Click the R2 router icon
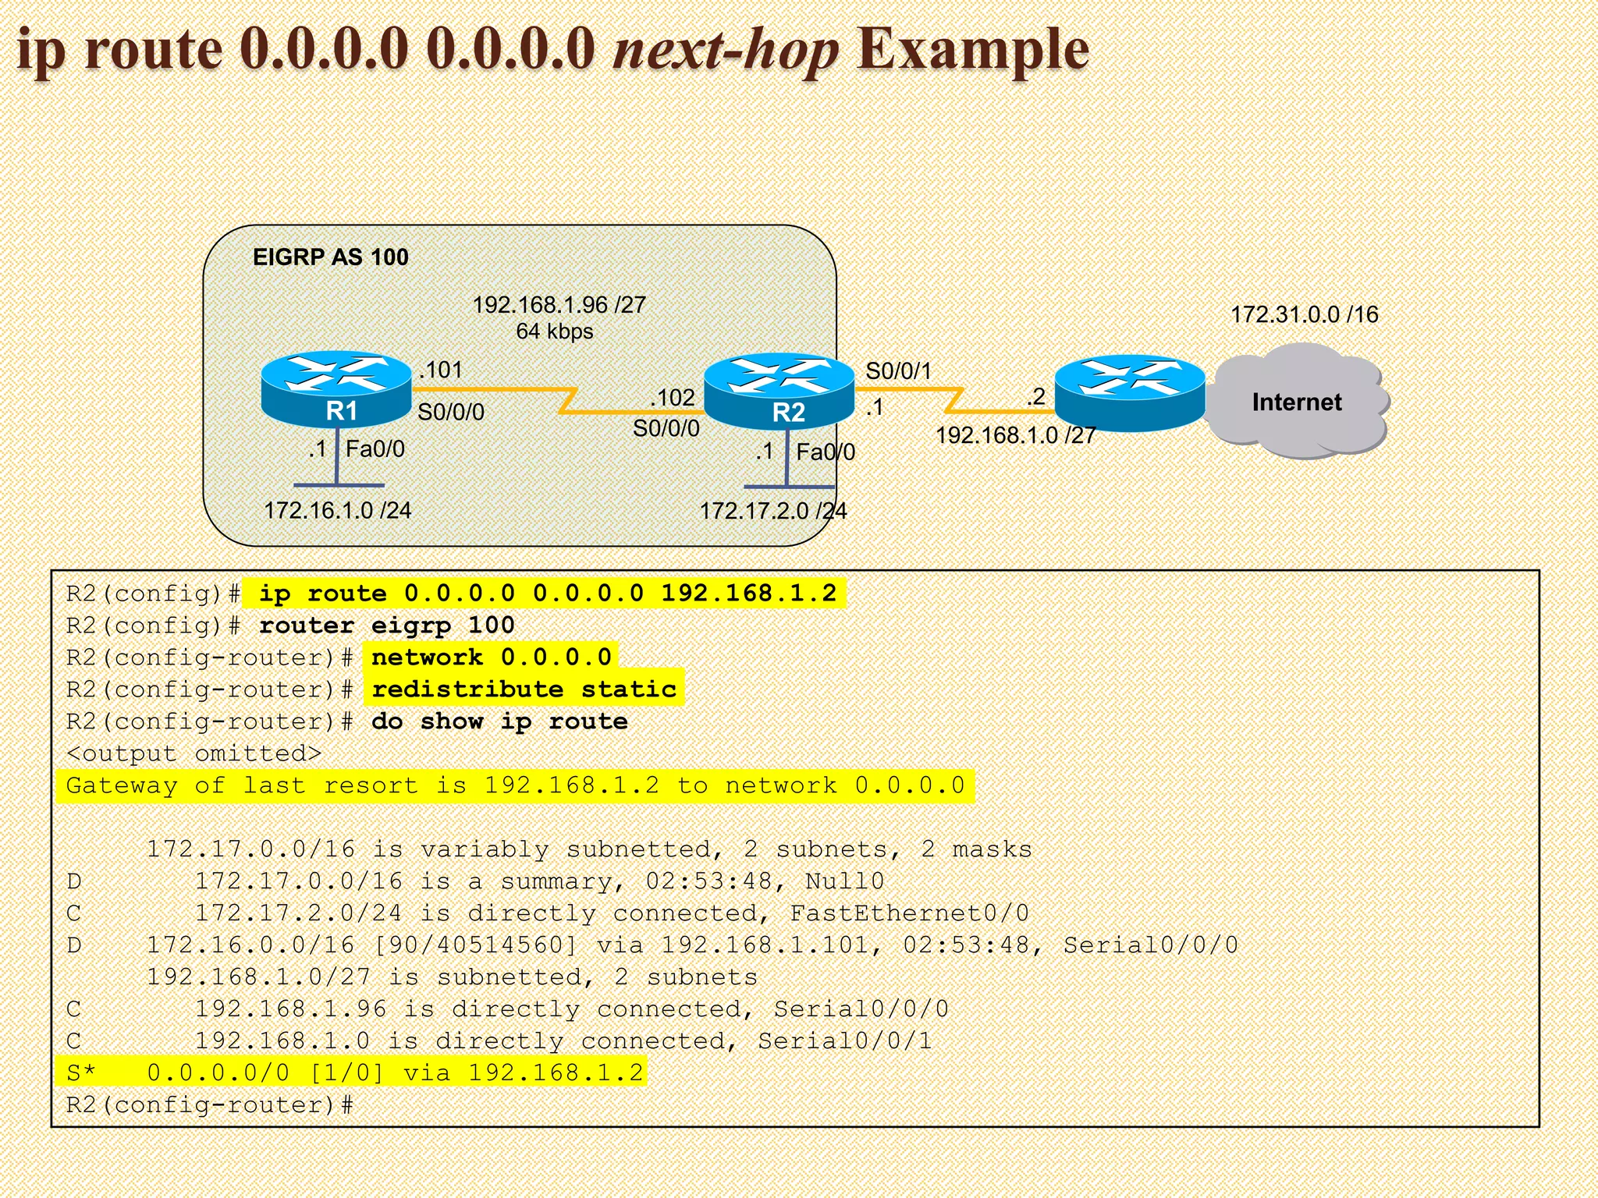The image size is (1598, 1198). [779, 391]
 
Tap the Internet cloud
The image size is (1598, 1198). [1297, 402]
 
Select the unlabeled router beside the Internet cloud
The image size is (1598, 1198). [1129, 392]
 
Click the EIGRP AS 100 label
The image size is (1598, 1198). [330, 257]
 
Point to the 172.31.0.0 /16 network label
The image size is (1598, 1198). [1304, 314]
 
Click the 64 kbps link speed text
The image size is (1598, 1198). [554, 331]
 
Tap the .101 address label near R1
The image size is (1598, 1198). [441, 370]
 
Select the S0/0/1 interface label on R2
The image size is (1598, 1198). [898, 370]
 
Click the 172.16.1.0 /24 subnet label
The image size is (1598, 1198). [337, 510]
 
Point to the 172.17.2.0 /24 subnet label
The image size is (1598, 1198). [772, 511]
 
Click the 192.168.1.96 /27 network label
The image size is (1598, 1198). [559, 304]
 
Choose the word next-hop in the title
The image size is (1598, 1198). [726, 50]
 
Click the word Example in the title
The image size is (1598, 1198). [972, 50]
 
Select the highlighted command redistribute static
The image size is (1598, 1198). [524, 689]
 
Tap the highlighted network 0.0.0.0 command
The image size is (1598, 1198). [491, 657]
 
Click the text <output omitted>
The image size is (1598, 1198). [194, 753]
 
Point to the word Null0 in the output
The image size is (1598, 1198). [844, 881]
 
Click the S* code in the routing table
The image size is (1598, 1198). [80, 1073]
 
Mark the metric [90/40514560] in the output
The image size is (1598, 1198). [475, 945]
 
